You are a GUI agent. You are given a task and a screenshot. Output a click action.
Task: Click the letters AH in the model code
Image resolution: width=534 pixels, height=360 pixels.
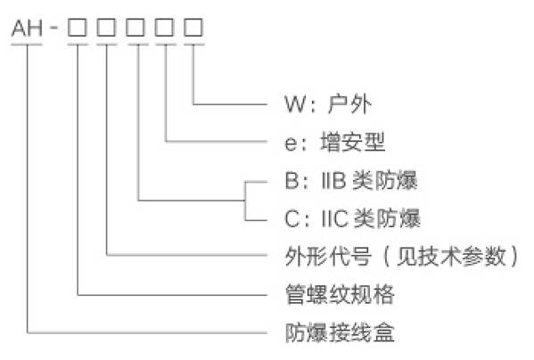[27, 28]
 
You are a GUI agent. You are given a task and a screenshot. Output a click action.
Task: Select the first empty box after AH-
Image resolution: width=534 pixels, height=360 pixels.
[78, 28]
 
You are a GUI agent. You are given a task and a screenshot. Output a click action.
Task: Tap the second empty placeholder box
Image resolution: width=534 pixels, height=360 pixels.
[107, 28]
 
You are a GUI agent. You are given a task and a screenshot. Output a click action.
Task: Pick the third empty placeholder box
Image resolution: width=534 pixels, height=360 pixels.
[136, 28]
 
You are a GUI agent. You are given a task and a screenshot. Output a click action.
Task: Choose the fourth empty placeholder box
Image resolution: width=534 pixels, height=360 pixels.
[165, 28]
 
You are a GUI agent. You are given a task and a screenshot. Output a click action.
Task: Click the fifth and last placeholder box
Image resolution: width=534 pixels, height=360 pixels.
[193, 28]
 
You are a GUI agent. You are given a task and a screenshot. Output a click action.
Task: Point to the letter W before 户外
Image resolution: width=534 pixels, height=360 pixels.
[295, 104]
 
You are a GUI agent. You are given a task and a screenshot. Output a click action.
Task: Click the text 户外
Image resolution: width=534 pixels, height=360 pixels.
[349, 103]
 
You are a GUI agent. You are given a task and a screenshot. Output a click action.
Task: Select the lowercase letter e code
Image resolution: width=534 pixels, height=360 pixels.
[291, 143]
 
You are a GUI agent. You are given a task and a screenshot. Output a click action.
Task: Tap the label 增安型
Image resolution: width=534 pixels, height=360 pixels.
[353, 142]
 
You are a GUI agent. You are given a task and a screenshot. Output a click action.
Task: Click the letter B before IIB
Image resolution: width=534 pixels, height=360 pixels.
[292, 180]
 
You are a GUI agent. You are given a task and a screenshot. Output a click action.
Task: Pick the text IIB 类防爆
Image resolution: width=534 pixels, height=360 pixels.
[369, 180]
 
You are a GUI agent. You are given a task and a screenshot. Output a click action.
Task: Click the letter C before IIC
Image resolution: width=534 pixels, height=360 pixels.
[292, 219]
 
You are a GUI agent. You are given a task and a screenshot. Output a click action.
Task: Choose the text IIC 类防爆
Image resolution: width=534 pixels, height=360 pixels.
[371, 218]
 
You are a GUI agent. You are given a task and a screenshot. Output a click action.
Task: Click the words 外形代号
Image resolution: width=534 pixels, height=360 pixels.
[328, 256]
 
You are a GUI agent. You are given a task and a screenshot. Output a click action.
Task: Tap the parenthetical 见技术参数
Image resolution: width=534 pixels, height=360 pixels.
[452, 256]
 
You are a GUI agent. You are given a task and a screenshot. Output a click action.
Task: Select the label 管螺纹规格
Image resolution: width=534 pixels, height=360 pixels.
[340, 294]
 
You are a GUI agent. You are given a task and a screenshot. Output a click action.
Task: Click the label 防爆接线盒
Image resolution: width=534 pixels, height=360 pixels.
[340, 332]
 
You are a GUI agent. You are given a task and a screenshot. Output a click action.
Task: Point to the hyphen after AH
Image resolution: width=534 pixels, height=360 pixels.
[53, 27]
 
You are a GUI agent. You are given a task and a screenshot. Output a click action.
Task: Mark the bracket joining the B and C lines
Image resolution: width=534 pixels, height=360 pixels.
[245, 201]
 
